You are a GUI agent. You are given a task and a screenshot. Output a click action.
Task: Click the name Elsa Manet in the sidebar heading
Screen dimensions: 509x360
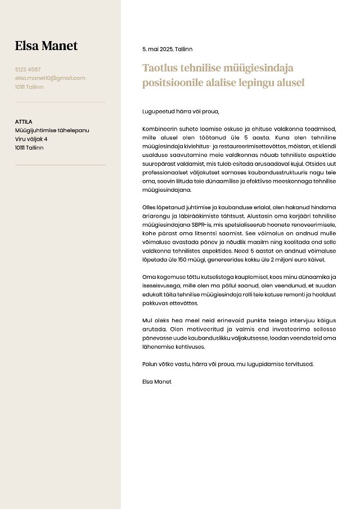point(46,46)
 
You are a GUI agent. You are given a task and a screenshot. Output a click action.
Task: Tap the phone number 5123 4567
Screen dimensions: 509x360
point(28,70)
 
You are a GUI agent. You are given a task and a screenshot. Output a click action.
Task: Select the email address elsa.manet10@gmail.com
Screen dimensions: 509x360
point(50,78)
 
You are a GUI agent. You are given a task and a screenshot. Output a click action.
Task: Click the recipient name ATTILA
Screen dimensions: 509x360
point(24,121)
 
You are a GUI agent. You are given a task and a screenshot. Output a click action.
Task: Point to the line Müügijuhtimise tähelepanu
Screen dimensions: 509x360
point(52,130)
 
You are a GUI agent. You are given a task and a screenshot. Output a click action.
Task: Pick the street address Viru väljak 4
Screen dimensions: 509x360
point(31,139)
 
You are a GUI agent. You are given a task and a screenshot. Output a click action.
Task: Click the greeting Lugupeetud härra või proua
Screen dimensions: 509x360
point(181,111)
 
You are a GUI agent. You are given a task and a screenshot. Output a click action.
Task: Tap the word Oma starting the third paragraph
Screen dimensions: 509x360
point(148,277)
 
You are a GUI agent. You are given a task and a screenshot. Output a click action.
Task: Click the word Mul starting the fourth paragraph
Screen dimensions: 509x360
point(147,320)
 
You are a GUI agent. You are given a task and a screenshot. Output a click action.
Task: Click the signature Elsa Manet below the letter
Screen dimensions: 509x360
point(157,381)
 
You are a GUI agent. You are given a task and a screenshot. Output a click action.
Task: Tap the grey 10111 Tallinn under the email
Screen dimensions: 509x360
point(29,87)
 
